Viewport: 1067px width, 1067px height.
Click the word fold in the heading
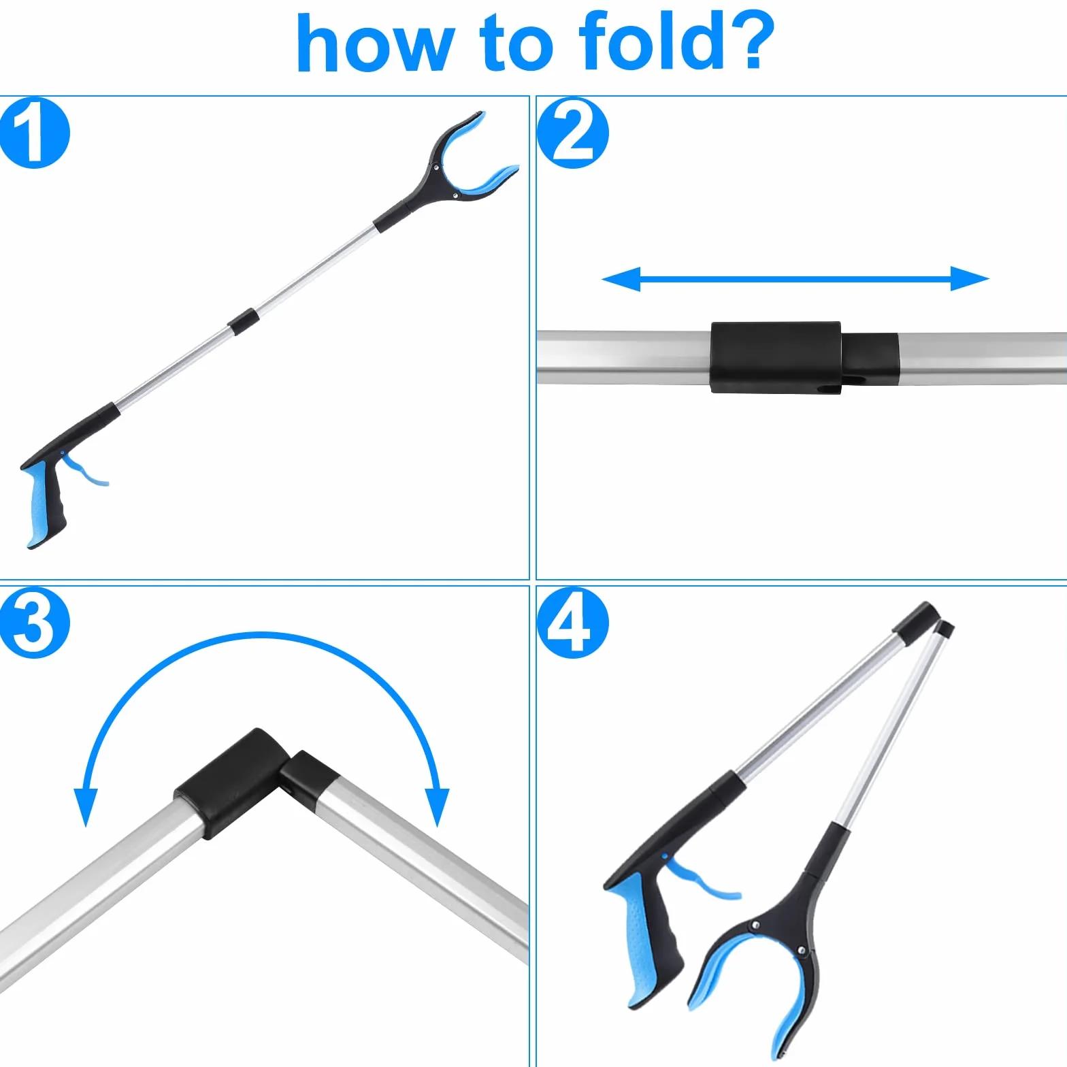pyautogui.click(x=652, y=42)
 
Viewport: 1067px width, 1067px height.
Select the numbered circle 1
pyautogui.click(x=34, y=133)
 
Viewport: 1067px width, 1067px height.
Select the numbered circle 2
pyautogui.click(x=572, y=133)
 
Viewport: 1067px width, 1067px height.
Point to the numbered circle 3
pyautogui.click(x=34, y=622)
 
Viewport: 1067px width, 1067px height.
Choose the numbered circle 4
pyautogui.click(x=572, y=622)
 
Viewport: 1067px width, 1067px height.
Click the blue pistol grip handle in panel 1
pyautogui.click(x=42, y=504)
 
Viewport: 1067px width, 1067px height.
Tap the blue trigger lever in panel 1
pyautogui.click(x=85, y=470)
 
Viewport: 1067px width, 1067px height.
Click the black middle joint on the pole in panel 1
pyautogui.click(x=243, y=321)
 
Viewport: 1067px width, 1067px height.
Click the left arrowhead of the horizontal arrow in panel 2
pyautogui.click(x=621, y=279)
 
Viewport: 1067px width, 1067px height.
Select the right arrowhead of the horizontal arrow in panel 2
pyautogui.click(x=970, y=278)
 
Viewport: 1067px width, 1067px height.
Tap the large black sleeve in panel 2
pyautogui.click(x=776, y=357)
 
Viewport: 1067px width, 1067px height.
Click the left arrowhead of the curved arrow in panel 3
pyautogui.click(x=86, y=807)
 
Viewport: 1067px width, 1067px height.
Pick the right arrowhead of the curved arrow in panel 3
pyautogui.click(x=437, y=807)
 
